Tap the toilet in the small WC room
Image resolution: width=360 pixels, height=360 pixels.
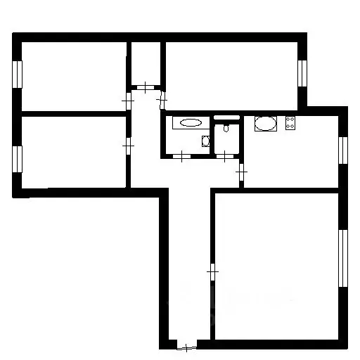[x=225, y=127]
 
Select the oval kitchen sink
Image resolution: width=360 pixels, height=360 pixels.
[x=265, y=125]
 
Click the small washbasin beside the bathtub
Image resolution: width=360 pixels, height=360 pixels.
[x=205, y=140]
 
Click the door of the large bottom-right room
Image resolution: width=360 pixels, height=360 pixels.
[x=213, y=270]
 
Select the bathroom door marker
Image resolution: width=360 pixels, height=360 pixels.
[x=182, y=156]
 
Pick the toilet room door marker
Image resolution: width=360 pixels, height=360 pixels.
[x=224, y=156]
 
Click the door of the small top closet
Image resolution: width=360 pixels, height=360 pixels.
[x=145, y=88]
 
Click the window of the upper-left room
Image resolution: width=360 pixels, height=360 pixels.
[x=18, y=75]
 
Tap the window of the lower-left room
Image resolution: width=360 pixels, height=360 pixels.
[x=18, y=158]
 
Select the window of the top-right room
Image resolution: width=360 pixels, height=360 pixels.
[x=303, y=72]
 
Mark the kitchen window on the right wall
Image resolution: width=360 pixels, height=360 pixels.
[x=343, y=150]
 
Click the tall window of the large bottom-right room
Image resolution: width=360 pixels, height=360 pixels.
[x=343, y=257]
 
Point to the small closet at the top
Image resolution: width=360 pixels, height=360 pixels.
[x=145, y=65]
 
